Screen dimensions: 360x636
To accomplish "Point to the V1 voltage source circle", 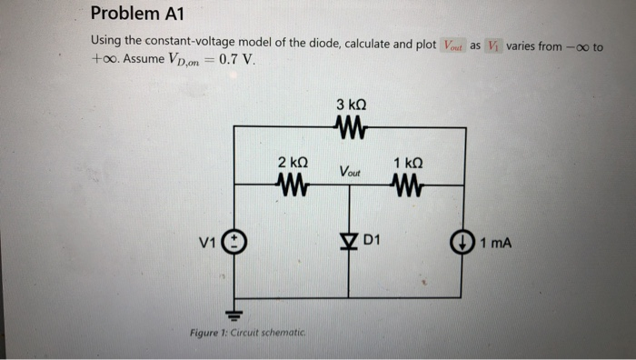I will coord(234,243).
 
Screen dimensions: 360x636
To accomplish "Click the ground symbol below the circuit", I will coord(234,315).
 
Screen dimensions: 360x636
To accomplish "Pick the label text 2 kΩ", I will coord(293,162).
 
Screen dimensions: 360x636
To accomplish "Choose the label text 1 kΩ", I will coord(409,162).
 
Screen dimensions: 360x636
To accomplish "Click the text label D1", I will coord(373,241).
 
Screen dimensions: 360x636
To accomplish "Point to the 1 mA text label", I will coord(496,243).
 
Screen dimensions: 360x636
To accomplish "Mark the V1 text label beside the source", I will coord(208,243).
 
